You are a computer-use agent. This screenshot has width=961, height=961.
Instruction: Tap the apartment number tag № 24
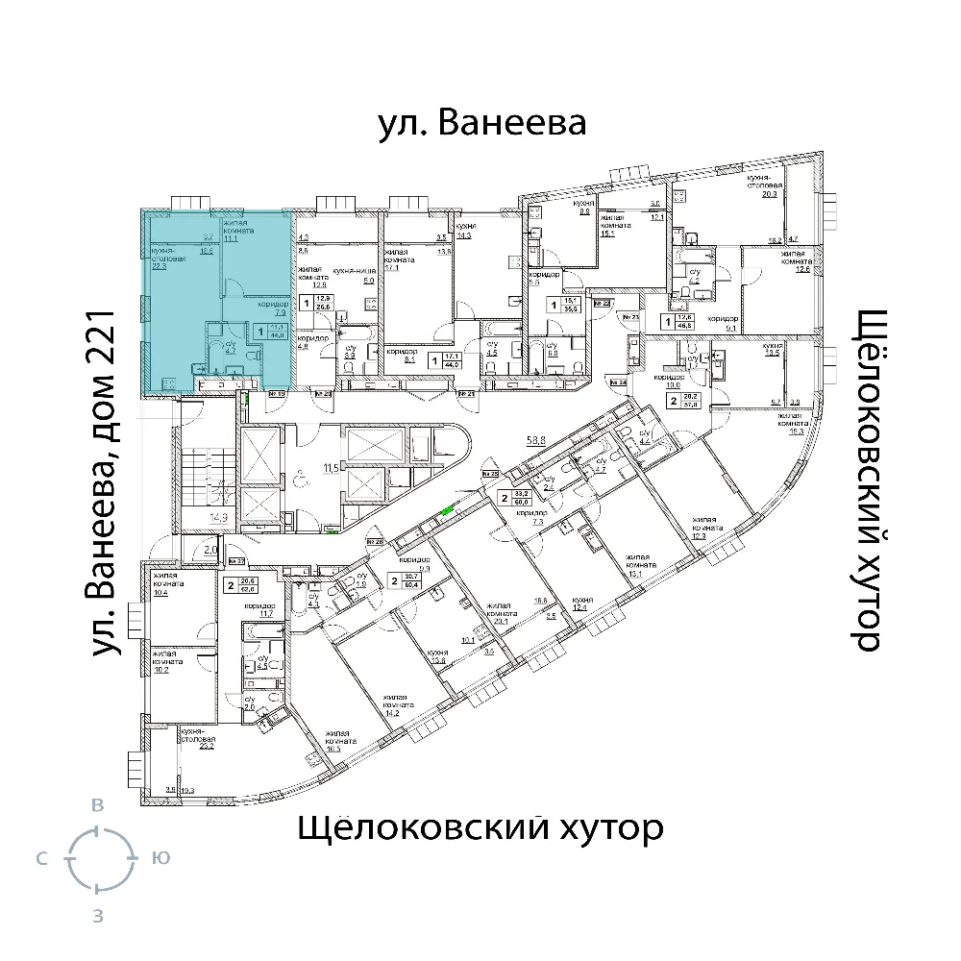[622, 383]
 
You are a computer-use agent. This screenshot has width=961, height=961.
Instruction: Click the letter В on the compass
[96, 806]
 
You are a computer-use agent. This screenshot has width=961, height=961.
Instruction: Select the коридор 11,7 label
[260, 612]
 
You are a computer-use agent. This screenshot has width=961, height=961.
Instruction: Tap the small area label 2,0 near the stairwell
[210, 550]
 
